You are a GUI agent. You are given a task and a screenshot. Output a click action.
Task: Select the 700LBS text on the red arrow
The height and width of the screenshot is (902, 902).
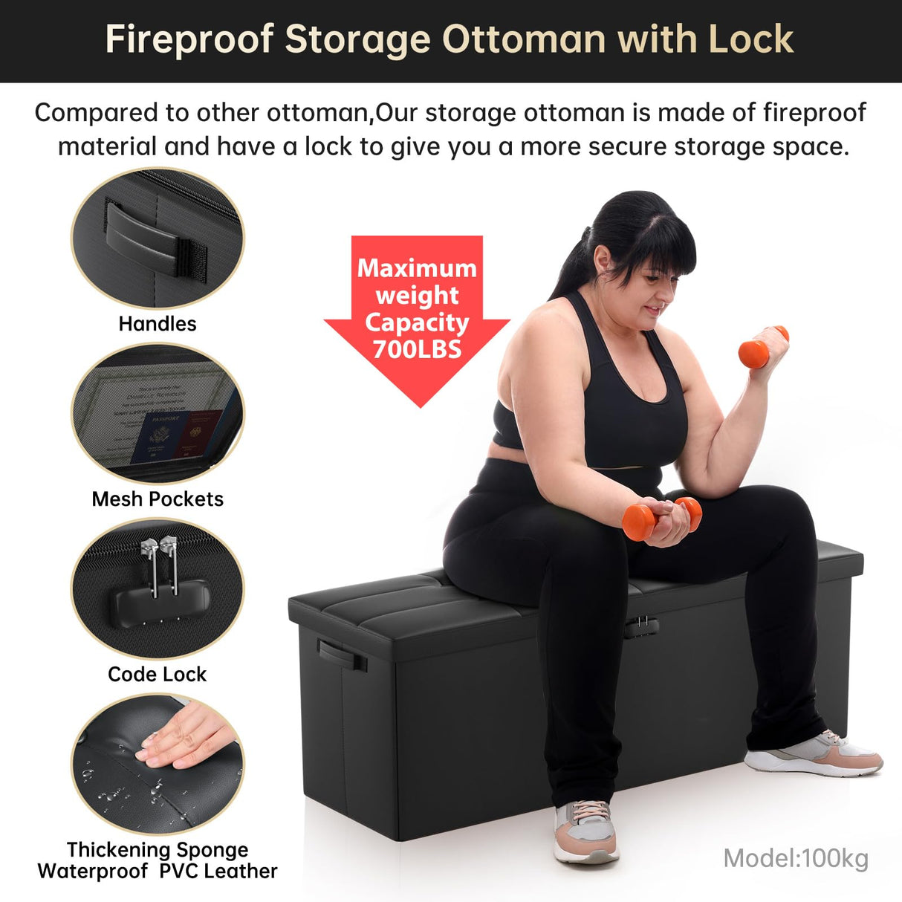point(417,349)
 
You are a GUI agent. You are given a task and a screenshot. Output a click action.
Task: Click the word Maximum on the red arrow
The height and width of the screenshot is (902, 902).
point(417,268)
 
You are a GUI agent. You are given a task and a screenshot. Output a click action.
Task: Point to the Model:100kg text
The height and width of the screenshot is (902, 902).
point(796,858)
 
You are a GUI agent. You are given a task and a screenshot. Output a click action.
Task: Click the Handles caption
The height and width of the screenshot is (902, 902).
point(158,324)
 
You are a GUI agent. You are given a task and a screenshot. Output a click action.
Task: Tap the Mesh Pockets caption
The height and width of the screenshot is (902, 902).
point(158,499)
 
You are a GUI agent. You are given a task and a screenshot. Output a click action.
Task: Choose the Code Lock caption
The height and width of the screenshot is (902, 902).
point(158,674)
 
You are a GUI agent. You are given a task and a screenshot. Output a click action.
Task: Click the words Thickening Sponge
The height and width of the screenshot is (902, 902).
point(158,849)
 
